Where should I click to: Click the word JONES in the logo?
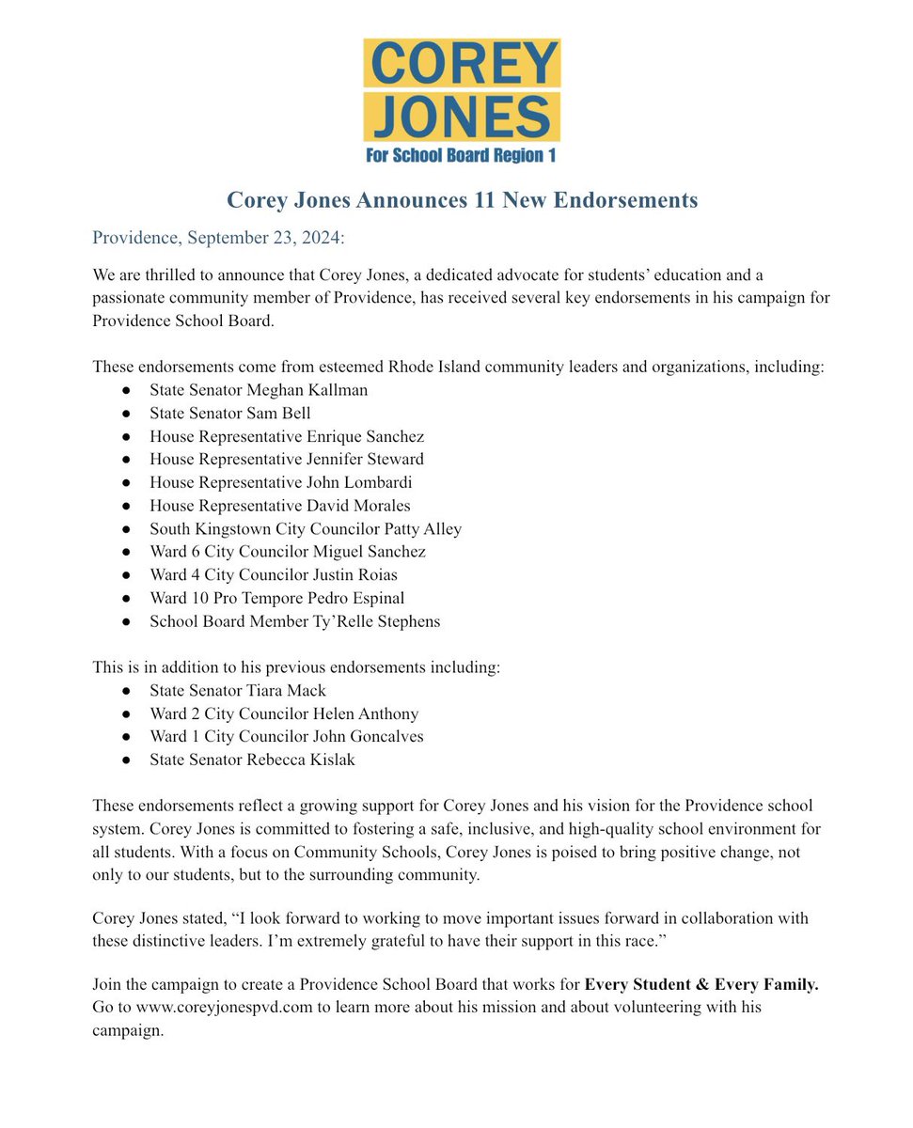[x=461, y=117]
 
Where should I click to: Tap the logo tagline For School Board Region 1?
[x=461, y=156]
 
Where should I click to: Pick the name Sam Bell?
[x=281, y=412]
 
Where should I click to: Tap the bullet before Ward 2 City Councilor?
[x=126, y=714]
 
